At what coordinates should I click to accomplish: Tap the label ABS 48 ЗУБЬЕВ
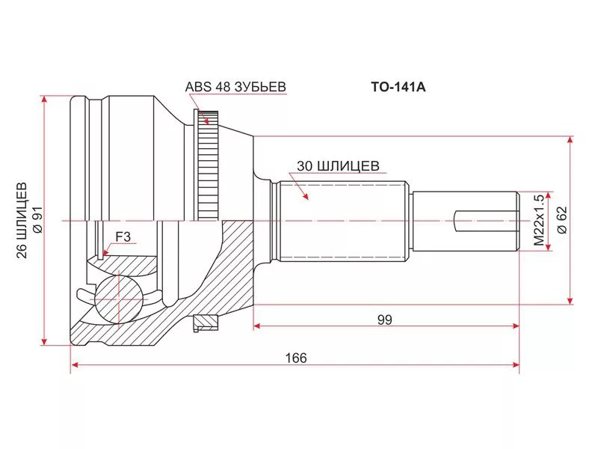235,86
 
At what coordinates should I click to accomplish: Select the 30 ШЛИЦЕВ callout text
339,165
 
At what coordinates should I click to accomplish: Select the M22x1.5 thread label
538,222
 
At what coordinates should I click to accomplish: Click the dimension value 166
296,358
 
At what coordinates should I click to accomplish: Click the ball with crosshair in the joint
117,297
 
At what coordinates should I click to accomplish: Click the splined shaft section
340,221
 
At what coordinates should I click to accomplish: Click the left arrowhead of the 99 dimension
259,326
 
